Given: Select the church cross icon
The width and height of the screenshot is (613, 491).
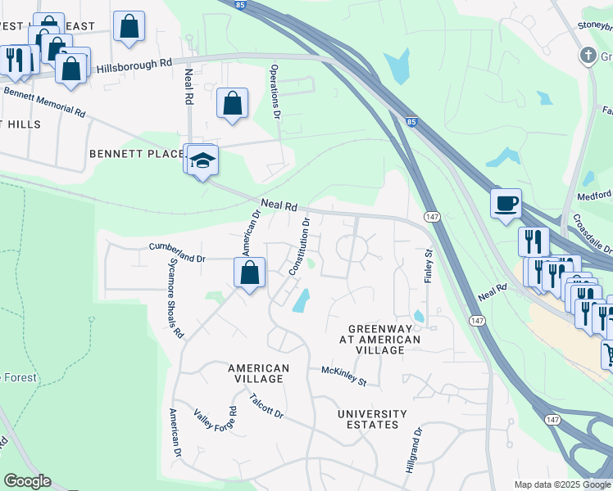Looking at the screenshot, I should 587,56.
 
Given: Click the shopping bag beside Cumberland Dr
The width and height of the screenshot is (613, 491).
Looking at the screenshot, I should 250,272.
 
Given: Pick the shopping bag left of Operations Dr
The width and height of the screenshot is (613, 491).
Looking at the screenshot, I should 233,103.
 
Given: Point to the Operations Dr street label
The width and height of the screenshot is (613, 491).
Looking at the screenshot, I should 275,91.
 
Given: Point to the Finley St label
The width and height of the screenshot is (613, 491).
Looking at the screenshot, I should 428,267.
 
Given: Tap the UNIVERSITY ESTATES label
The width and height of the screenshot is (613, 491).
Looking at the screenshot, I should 372,419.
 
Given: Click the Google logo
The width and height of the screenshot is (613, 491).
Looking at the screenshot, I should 27,481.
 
